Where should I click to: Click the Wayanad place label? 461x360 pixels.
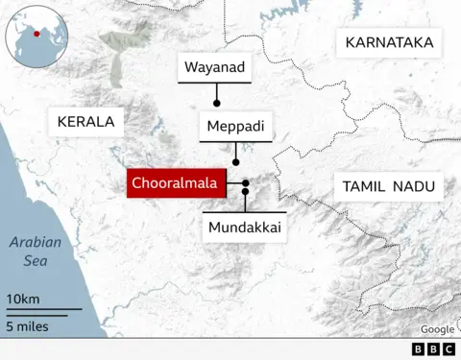[215, 67]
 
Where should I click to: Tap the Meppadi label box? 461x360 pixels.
[235, 126]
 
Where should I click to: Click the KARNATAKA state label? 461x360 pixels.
[389, 42]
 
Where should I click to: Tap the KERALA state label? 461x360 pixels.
[85, 122]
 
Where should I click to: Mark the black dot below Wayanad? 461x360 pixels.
[217, 102]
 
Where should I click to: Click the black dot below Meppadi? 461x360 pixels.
[236, 162]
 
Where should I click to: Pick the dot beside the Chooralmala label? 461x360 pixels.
[246, 182]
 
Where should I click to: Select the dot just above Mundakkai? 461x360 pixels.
[245, 193]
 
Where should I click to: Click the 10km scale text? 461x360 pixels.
[23, 300]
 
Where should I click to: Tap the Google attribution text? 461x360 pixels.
[437, 329]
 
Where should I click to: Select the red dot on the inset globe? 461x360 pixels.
[36, 34]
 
